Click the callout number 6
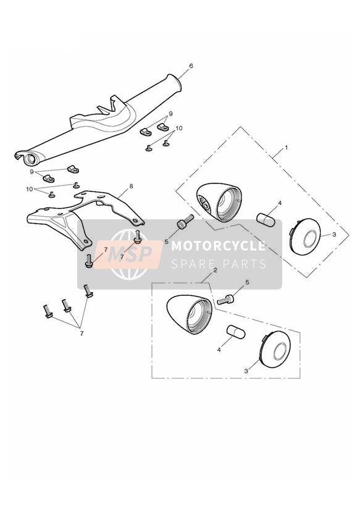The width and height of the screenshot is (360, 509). point(191,66)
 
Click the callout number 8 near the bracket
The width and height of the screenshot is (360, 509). point(131,187)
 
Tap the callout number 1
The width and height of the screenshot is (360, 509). point(286,148)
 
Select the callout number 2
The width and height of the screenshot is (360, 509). point(215,270)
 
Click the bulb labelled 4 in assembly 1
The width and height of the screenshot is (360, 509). point(266,219)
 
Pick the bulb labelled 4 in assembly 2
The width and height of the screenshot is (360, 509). point(236,332)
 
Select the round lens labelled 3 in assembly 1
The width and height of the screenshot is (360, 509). point(305,237)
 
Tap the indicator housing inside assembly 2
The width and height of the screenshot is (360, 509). point(189,314)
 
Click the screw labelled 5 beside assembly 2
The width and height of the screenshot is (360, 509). point(225,300)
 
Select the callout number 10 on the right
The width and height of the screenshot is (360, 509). point(178,128)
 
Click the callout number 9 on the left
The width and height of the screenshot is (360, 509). point(32,171)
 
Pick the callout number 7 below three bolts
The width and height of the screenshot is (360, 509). point(82,333)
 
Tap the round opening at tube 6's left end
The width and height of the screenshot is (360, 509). point(30,159)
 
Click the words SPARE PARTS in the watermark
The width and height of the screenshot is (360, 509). point(219,264)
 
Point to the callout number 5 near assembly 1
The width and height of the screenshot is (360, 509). point(166,242)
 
